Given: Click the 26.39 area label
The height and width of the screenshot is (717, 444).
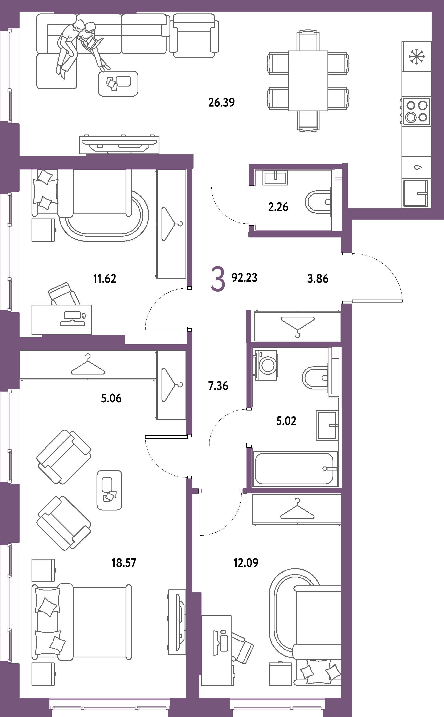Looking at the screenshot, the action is click(x=221, y=103).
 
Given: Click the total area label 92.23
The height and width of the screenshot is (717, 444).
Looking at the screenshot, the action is click(x=244, y=277).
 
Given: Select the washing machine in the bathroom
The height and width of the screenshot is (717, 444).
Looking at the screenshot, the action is click(x=266, y=365).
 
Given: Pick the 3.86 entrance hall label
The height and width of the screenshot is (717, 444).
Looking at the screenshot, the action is click(x=318, y=279).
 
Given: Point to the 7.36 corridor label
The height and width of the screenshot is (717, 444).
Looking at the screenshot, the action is click(x=218, y=386).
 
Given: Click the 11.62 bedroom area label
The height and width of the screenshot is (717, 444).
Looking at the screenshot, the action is click(x=105, y=279).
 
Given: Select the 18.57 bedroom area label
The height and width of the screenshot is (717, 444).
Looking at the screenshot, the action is click(x=124, y=563).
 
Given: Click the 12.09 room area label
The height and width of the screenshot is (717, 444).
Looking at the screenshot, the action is click(x=246, y=563).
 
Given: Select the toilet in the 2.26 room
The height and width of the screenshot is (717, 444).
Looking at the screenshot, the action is click(x=319, y=202).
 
